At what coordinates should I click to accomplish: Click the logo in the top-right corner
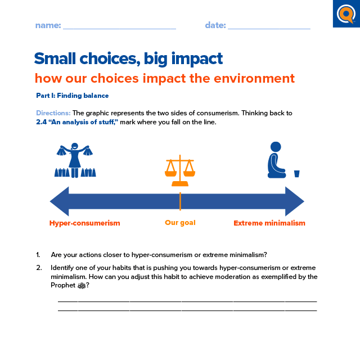(x=346, y=13)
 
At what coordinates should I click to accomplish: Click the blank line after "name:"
(x=119, y=27)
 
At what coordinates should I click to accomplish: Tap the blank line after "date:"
(x=269, y=27)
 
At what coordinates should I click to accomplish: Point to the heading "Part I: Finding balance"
(x=72, y=96)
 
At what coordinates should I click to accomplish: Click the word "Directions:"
(x=53, y=113)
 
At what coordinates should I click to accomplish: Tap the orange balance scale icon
(x=180, y=171)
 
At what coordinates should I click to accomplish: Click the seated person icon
(x=276, y=160)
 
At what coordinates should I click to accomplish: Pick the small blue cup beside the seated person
(x=297, y=173)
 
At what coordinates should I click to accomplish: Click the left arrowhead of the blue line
(x=60, y=201)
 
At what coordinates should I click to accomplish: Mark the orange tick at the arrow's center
(x=180, y=201)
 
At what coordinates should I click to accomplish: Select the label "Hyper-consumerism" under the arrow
(x=84, y=223)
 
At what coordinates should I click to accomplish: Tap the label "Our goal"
(x=180, y=223)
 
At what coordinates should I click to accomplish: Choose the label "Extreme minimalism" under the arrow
(x=269, y=223)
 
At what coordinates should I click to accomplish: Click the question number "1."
(x=38, y=254)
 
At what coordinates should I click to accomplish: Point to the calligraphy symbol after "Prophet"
(x=81, y=286)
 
